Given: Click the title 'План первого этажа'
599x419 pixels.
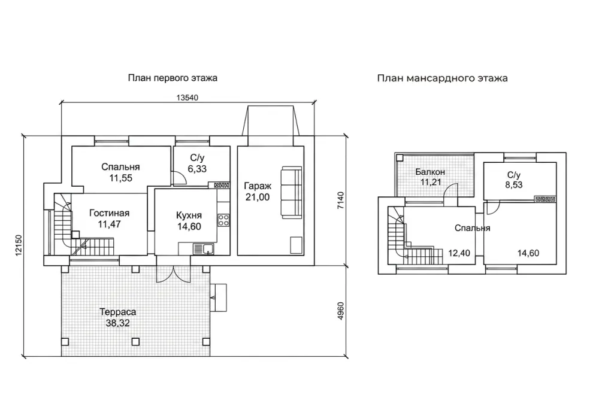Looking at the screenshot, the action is (x=173, y=78).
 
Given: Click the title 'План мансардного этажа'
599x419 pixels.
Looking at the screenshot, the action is (x=443, y=78).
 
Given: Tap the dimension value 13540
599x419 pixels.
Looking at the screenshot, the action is (x=187, y=98).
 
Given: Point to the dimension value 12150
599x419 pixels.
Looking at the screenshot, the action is (x=19, y=246).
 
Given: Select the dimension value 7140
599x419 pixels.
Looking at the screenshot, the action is (x=340, y=201).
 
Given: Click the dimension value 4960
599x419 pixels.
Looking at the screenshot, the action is (x=340, y=311).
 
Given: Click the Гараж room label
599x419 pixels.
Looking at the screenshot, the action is (x=258, y=186).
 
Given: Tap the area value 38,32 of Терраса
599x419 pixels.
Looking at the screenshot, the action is (x=117, y=323).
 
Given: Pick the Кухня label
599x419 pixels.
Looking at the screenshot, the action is (x=189, y=215).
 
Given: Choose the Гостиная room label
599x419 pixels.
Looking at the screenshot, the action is (x=109, y=213).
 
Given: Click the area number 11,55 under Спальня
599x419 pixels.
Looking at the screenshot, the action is (x=121, y=178).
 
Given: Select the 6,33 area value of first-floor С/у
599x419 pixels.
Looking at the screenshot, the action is (x=197, y=169).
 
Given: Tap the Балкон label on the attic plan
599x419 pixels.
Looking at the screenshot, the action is (x=430, y=172).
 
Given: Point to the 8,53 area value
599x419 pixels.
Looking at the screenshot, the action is (x=514, y=185).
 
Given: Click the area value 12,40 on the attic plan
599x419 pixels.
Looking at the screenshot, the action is (x=459, y=253).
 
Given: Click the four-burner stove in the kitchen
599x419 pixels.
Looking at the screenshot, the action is (x=223, y=220).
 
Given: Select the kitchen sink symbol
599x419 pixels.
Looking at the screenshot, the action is (x=203, y=249).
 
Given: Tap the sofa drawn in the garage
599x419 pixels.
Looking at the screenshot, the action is (x=292, y=193).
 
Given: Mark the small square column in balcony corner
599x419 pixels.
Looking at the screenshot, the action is (x=400, y=157).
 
